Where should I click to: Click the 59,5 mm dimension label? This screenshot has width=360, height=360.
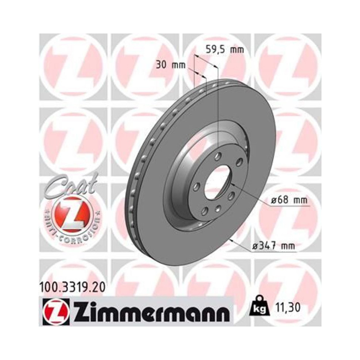(x=225, y=49)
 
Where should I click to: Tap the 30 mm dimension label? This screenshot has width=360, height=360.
(x=170, y=65)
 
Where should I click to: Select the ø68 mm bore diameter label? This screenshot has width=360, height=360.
(x=289, y=201)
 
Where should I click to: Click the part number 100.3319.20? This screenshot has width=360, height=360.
(x=70, y=288)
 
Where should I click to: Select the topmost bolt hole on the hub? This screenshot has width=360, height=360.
(x=217, y=157)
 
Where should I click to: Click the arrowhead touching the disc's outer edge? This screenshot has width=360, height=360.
(x=232, y=240)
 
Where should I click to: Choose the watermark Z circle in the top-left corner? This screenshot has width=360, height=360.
(x=71, y=67)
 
